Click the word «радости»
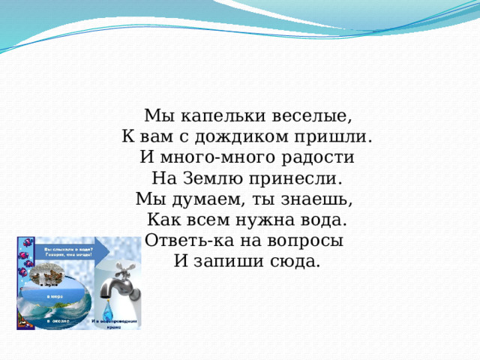tap(315, 158)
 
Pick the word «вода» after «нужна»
tap(326, 220)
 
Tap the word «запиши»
tap(234, 262)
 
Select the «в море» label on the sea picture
tap(56, 298)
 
